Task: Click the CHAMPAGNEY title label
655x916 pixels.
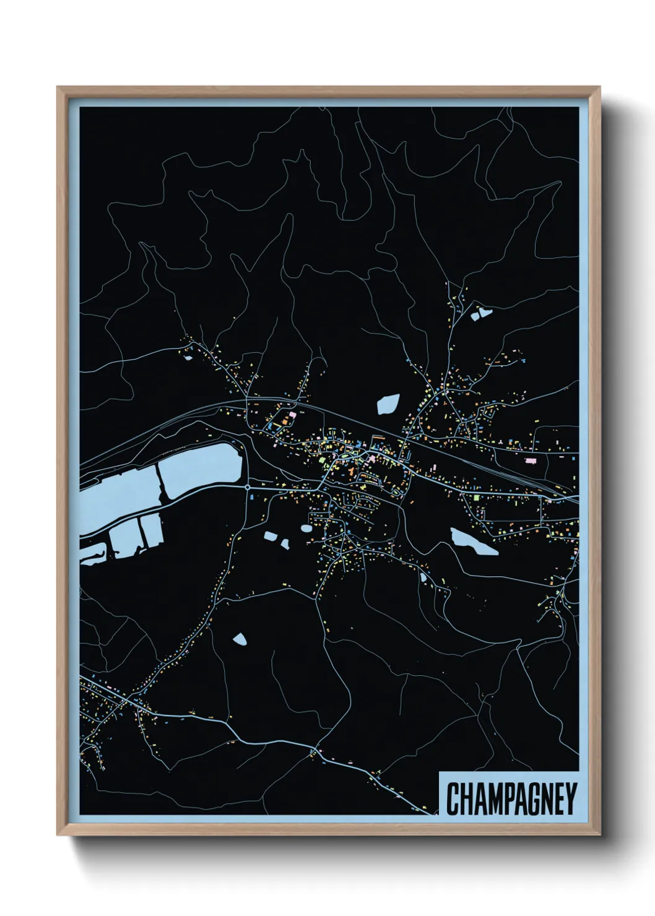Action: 511,799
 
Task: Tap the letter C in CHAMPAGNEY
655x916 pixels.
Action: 453,799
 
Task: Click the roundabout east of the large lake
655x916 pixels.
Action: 248,487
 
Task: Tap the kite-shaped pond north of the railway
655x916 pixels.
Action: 388,404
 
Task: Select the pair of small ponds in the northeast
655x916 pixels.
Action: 481,314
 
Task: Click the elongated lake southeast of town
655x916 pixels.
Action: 474,542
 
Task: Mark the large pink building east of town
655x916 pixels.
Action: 530,460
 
